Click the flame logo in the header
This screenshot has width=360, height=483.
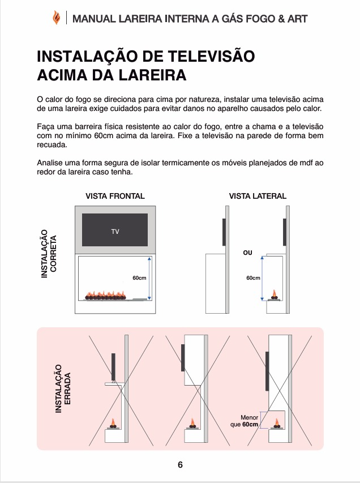click(x=55, y=19)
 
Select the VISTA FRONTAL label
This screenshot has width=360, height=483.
click(x=115, y=196)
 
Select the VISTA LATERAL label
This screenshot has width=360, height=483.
click(x=258, y=196)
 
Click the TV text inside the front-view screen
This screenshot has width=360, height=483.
click(x=115, y=232)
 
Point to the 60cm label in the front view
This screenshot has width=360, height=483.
click(x=139, y=278)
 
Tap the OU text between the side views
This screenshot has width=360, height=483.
click(x=247, y=253)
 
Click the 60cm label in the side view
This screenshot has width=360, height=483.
click(x=253, y=278)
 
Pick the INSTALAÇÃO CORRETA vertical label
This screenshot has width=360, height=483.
click(x=49, y=253)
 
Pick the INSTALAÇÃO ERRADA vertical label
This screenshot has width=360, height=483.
click(x=63, y=388)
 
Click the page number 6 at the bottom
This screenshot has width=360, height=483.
click(x=180, y=465)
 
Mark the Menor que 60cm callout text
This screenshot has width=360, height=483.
click(x=245, y=420)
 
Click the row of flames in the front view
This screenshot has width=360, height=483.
click(x=108, y=294)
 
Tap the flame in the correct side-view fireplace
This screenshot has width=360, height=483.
click(x=275, y=294)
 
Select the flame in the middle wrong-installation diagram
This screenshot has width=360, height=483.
click(x=194, y=422)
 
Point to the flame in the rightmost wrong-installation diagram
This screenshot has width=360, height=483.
click(x=277, y=422)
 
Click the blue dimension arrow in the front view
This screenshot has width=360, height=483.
click(x=149, y=278)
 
